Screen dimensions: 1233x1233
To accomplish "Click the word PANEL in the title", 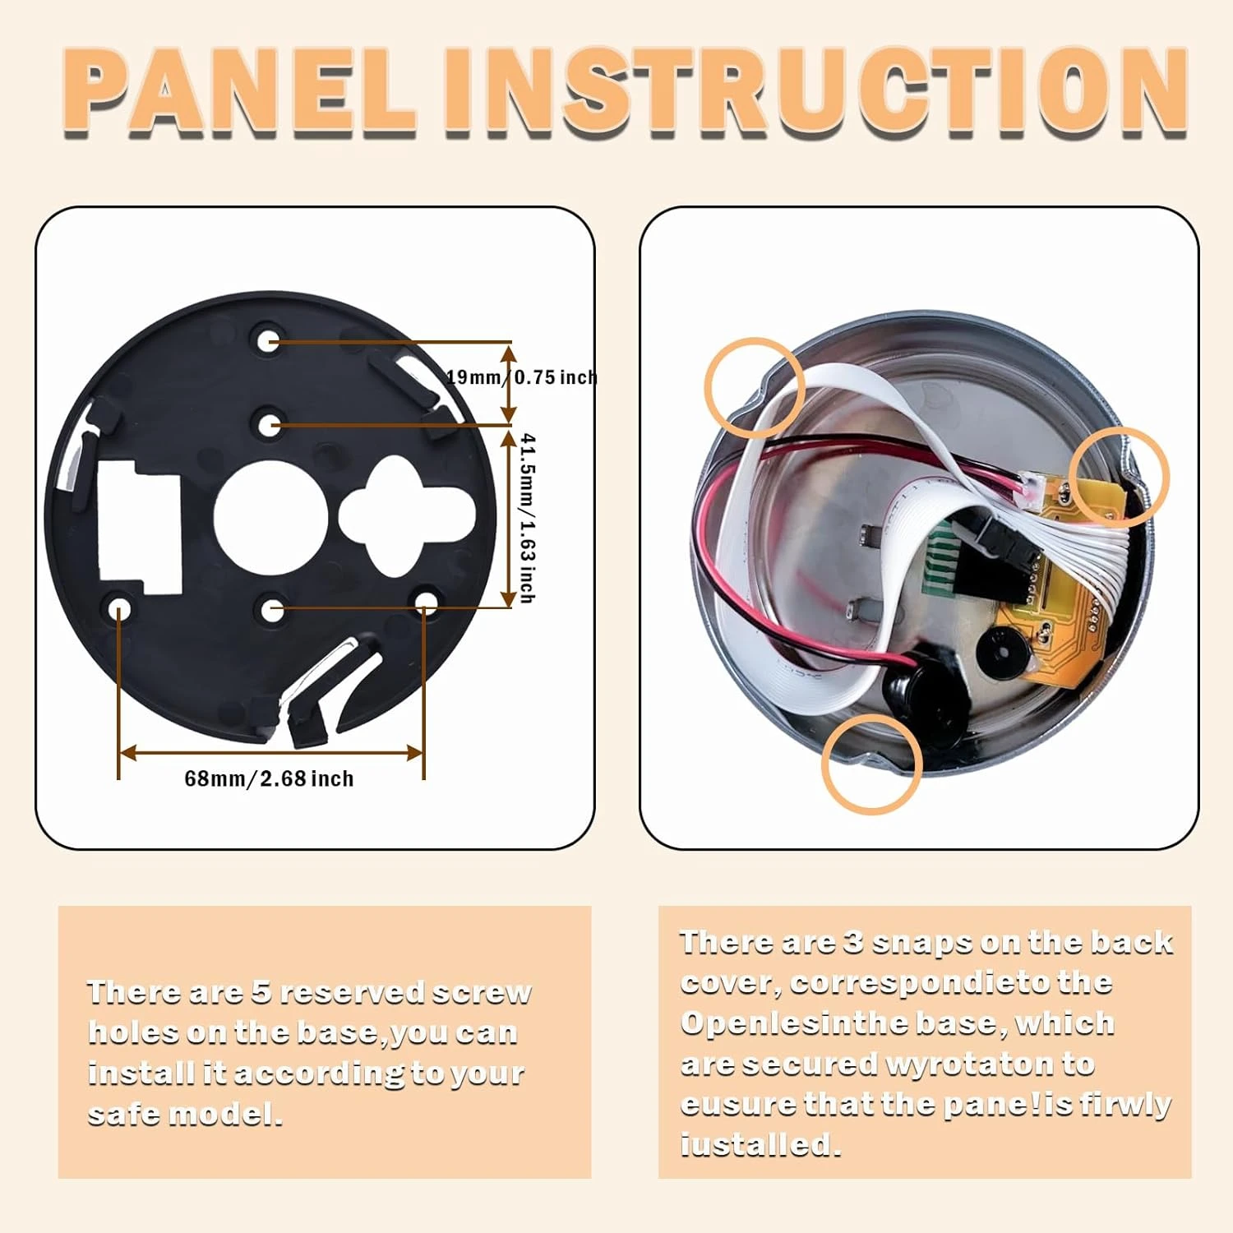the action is pyautogui.click(x=238, y=92).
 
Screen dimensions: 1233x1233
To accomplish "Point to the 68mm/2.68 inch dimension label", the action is pyautogui.click(x=269, y=778).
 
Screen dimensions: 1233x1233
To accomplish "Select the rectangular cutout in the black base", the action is pyautogui.click(x=139, y=527).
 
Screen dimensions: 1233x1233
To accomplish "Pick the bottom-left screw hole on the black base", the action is pyautogui.click(x=120, y=609).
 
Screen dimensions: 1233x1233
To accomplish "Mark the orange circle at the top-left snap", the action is pyautogui.click(x=755, y=386).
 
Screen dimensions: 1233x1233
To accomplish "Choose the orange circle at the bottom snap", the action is pyautogui.click(x=872, y=764).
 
